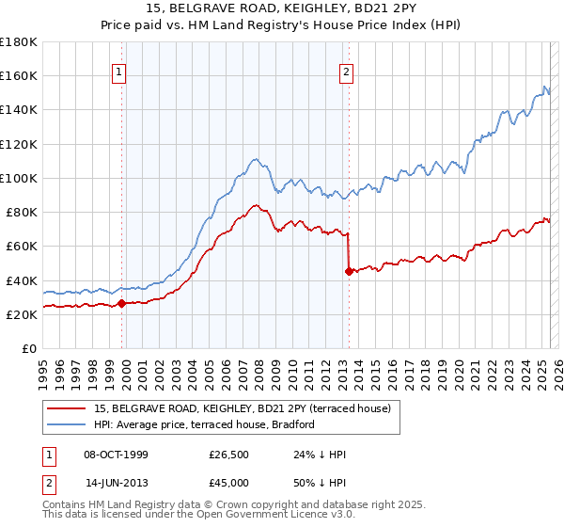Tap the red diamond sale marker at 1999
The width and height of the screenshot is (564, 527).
(x=122, y=303)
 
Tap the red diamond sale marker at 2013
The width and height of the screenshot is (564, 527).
(x=349, y=271)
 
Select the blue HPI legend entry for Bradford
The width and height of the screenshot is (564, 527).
(x=204, y=424)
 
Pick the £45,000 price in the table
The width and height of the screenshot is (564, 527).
(x=228, y=483)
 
